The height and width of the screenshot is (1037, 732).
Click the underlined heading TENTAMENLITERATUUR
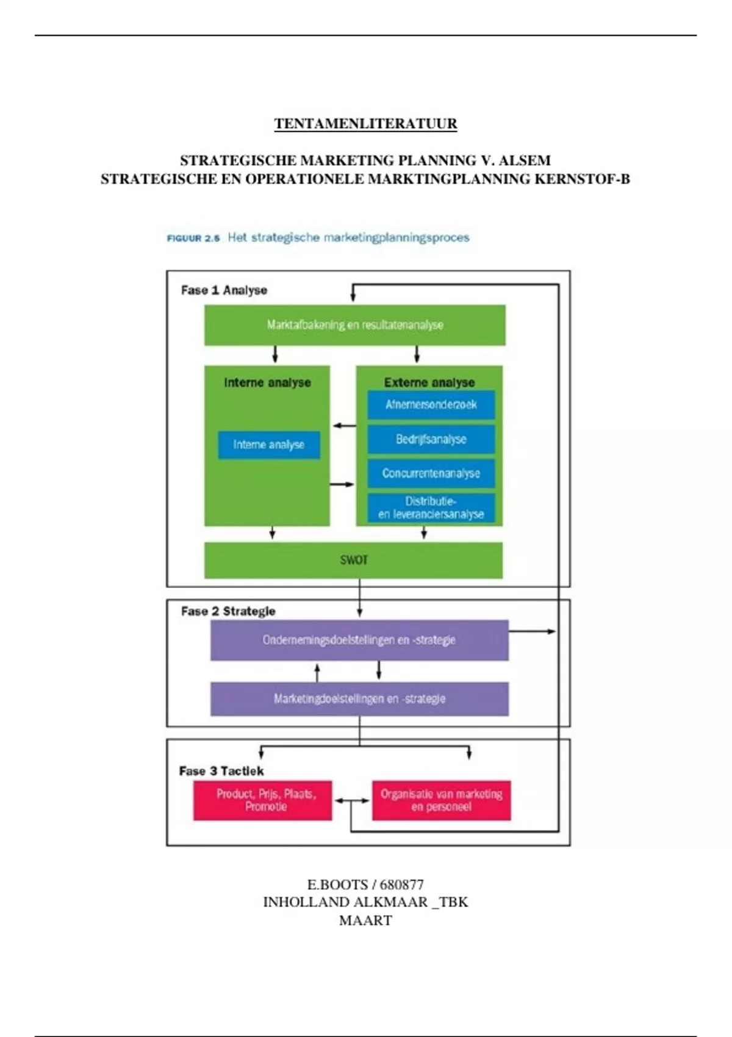(365, 124)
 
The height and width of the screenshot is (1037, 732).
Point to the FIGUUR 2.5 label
(193, 239)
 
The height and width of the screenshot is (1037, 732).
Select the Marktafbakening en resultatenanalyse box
(354, 325)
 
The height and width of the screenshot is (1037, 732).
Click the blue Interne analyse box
(269, 445)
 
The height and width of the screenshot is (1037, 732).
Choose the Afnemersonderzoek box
(431, 404)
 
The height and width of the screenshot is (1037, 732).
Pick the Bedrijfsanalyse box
(431, 439)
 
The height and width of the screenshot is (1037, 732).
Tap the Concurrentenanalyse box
(431, 473)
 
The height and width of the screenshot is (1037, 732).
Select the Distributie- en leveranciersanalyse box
(431, 508)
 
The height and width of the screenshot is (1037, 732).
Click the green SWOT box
(353, 560)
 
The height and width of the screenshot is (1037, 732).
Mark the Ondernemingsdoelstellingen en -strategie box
(359, 640)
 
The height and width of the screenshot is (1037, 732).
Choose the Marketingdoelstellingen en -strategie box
(359, 698)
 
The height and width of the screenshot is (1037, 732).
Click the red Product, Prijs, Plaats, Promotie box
(263, 800)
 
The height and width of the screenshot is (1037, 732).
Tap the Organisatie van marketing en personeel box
(441, 800)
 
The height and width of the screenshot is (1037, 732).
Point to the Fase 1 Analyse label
(224, 290)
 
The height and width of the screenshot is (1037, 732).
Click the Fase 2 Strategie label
(228, 611)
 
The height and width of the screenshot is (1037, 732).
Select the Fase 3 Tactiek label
(221, 771)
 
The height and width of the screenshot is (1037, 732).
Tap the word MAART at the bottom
(365, 920)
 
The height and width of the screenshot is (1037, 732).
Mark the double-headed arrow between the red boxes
(352, 801)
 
